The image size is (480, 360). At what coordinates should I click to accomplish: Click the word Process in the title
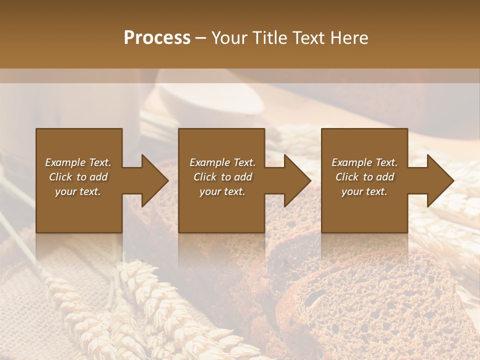point(157,38)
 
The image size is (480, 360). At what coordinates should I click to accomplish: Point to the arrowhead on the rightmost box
point(439,180)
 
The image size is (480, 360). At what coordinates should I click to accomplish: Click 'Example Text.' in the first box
point(78,162)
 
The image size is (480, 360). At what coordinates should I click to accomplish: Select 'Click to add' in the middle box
point(222,177)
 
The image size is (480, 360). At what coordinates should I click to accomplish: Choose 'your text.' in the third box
point(364,191)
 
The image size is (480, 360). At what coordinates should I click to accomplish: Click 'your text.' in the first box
point(78,191)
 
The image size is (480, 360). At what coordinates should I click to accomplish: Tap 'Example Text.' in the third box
point(364,162)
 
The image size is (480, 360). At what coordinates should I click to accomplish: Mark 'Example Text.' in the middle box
point(222,162)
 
